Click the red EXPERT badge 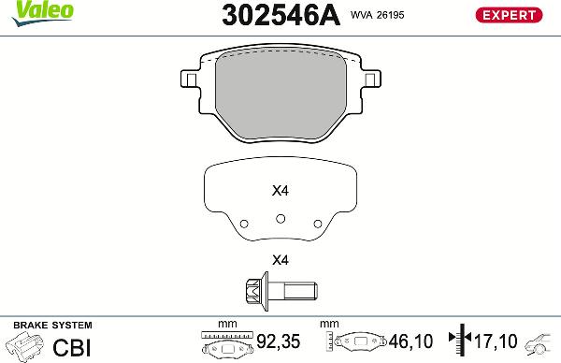point(510,15)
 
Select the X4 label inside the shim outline point(280,191)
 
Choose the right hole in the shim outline point(317,224)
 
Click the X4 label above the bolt point(280,260)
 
